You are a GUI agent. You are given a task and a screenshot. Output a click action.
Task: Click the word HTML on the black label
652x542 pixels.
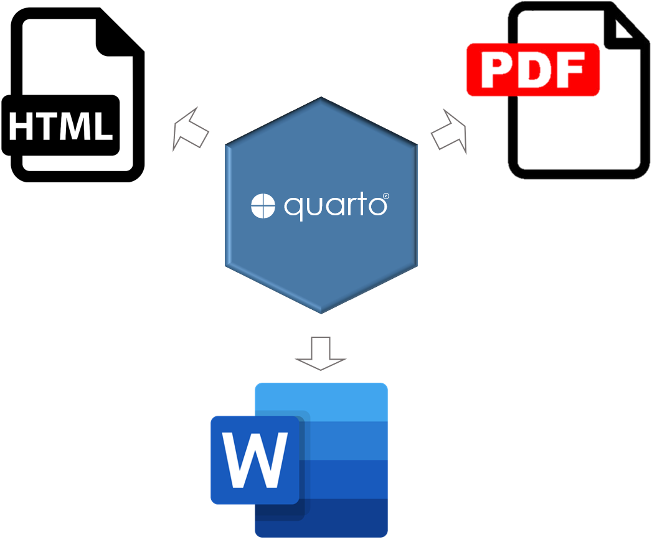tap(60, 125)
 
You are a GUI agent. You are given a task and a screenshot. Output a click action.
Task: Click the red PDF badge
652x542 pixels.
tap(532, 69)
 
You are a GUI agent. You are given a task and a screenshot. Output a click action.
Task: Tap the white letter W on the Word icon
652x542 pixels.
tap(256, 460)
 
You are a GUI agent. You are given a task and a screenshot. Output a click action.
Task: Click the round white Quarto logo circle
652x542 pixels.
tap(263, 206)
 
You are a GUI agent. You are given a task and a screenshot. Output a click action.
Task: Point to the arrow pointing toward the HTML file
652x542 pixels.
tap(189, 129)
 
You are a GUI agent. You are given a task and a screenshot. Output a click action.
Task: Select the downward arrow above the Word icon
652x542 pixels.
tap(320, 353)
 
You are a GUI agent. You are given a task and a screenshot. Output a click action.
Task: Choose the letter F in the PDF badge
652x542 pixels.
tap(569, 69)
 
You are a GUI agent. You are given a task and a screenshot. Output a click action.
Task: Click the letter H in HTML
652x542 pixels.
tap(22, 125)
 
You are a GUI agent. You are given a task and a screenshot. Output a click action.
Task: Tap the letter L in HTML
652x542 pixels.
tap(102, 125)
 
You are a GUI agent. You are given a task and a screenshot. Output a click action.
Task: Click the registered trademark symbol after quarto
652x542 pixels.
tap(386, 197)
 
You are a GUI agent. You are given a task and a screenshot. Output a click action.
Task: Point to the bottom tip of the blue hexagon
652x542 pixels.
tap(321, 311)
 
